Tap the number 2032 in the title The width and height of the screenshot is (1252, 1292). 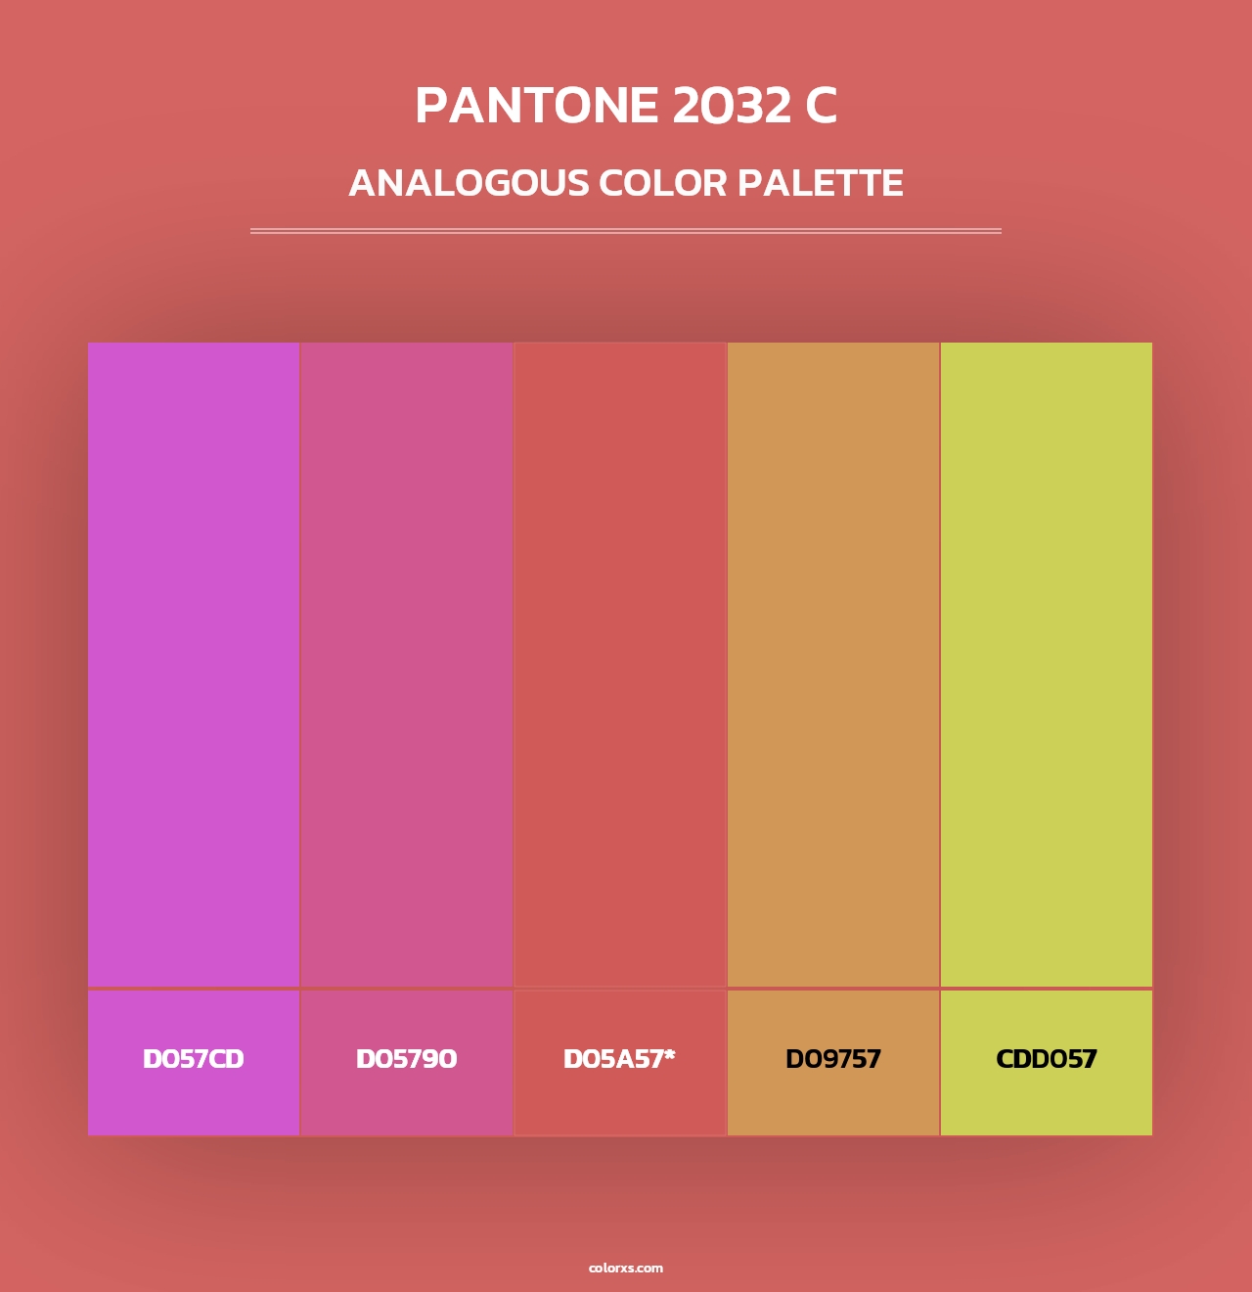click(x=732, y=106)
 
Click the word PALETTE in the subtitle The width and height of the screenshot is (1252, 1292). click(x=820, y=183)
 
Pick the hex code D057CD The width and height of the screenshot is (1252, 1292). click(x=194, y=1059)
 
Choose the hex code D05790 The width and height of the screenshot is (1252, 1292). click(x=406, y=1059)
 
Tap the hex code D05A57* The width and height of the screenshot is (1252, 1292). click(x=619, y=1059)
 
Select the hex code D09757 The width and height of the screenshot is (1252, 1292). click(x=833, y=1059)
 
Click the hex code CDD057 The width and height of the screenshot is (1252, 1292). click(x=1047, y=1059)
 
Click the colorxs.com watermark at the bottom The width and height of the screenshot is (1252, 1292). click(x=626, y=1268)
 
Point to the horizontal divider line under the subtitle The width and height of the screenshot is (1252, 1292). click(x=626, y=231)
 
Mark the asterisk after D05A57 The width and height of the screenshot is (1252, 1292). click(x=670, y=1054)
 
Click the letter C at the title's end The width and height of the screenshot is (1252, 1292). click(x=822, y=106)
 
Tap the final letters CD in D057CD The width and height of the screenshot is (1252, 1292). click(x=227, y=1059)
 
